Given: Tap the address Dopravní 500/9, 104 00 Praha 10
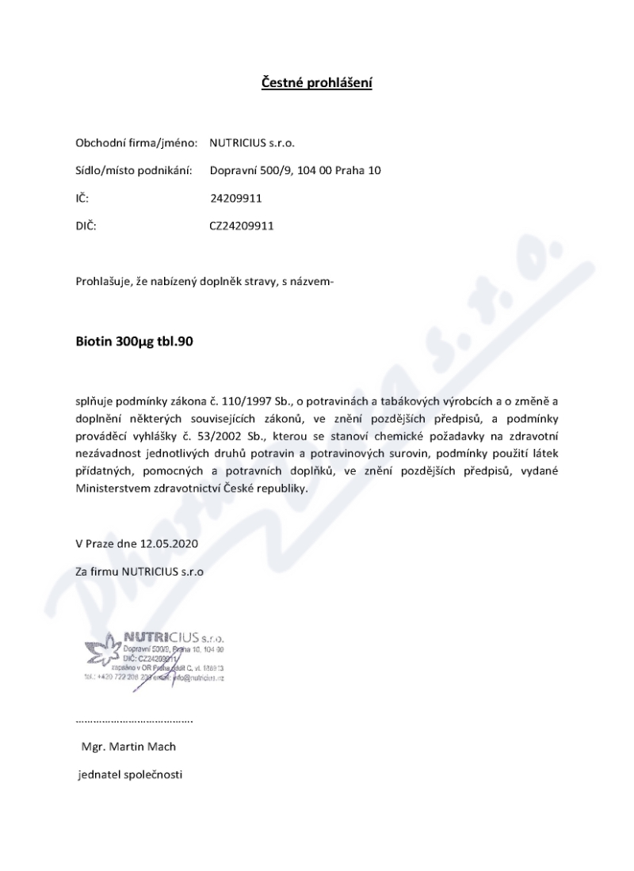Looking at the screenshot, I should click(x=296, y=170).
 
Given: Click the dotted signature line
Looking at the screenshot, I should click(x=134, y=721).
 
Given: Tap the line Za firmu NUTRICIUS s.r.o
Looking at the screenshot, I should click(x=139, y=571).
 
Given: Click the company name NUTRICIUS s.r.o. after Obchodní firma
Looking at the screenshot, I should click(x=252, y=143).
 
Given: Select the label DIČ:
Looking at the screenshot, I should click(x=86, y=225).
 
